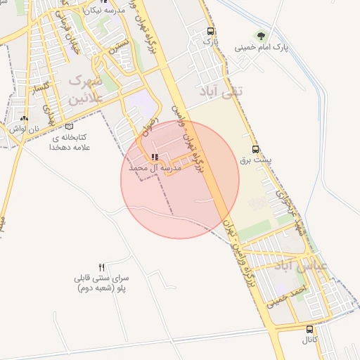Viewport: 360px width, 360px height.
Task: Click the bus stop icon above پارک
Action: (210, 32)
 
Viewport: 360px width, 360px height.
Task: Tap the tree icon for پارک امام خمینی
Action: (262, 36)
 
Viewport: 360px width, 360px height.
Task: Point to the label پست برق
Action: (255, 160)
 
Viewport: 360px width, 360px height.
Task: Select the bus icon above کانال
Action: (310, 329)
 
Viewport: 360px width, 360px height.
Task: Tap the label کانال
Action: (310, 340)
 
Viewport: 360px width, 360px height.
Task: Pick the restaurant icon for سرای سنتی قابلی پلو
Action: (101, 266)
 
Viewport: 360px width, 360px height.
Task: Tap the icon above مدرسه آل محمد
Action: (155, 157)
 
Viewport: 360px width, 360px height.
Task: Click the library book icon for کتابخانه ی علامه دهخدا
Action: (68, 127)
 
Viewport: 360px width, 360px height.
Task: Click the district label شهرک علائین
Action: (86, 89)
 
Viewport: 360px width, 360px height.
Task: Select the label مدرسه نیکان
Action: (103, 11)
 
